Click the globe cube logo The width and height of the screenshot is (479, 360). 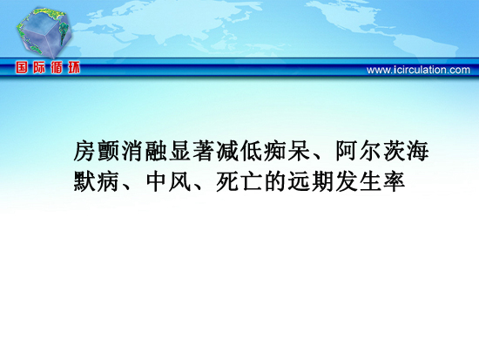44,33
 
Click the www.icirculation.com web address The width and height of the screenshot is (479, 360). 418,70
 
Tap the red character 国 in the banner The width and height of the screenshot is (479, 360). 22,67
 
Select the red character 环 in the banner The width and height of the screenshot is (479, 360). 74,67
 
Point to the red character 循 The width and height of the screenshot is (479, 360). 57,67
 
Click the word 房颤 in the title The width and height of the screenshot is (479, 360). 97,151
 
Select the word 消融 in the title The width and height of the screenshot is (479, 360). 145,151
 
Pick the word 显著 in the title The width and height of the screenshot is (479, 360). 192,151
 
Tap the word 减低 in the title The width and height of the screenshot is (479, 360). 239,151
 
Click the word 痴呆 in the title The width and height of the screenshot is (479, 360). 287,151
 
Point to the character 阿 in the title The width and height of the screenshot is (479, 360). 347,151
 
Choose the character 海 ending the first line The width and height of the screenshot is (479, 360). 418,151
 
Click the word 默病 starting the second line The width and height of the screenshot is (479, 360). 97,181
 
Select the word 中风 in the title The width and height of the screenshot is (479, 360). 168,181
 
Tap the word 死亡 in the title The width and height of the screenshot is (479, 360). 239,181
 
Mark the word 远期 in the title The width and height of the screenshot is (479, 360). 311,181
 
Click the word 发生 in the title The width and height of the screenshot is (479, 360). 359,181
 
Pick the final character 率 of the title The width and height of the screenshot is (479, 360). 394,181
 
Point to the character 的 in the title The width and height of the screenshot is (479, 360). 275,181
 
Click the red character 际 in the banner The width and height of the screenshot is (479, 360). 39,67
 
